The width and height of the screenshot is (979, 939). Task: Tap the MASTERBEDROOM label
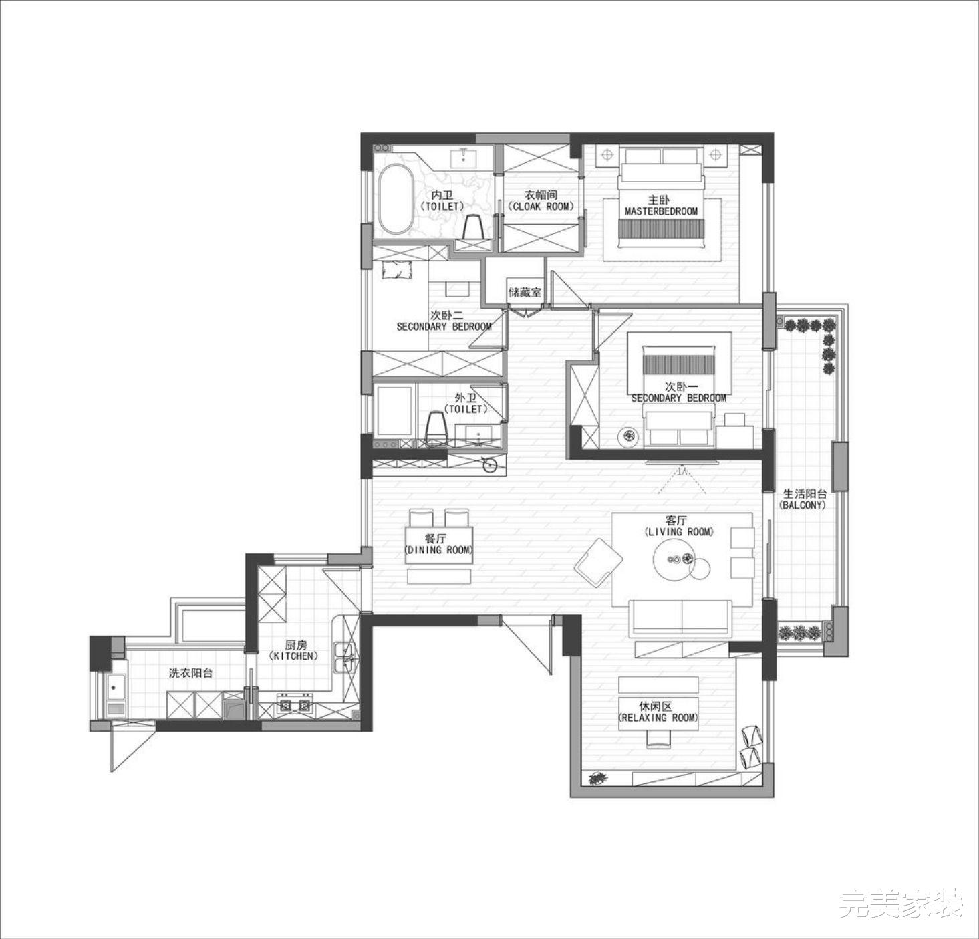661,211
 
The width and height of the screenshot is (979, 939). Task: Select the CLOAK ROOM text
541,207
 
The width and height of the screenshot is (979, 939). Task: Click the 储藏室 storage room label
524,292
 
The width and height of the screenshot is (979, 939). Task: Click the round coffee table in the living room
675,559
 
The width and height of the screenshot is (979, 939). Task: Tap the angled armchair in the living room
598,562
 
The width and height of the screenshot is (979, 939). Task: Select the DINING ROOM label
439,550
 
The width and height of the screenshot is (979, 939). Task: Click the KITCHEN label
295,656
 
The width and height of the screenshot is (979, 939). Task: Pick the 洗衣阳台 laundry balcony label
190,673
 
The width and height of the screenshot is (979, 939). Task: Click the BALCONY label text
803,505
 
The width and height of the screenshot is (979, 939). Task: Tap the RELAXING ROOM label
658,718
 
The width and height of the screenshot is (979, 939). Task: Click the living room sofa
682,618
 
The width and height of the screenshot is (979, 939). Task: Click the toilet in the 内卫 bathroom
472,227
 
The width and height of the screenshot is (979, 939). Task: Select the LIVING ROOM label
679,532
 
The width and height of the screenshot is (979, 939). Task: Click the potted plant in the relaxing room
596,779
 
